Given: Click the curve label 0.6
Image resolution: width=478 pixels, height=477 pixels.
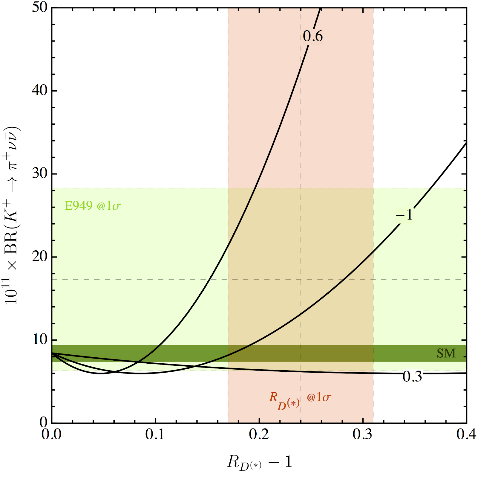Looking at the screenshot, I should click(312, 36).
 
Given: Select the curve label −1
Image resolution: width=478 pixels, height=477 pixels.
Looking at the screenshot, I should click(405, 215).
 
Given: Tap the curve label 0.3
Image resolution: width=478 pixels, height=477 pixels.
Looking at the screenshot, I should click(412, 377).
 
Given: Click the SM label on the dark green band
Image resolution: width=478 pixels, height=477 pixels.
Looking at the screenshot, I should click(446, 353).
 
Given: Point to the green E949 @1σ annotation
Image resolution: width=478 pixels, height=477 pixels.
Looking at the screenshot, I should click(93, 206).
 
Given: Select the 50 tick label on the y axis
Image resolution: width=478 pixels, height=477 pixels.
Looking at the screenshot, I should click(40, 7).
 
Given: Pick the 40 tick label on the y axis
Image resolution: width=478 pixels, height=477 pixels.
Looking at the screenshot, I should click(40, 90).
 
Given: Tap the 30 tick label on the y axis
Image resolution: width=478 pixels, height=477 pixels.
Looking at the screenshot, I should click(40, 173).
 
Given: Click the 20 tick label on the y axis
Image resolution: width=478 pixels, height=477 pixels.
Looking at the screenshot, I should click(40, 257).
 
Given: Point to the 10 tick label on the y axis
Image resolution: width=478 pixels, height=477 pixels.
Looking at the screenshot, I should click(40, 340).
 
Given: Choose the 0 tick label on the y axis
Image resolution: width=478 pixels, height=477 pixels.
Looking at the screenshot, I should click(44, 422).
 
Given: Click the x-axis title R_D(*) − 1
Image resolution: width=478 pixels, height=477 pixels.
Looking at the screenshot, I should click(259, 462).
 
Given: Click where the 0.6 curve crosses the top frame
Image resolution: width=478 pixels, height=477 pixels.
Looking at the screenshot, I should click(321, 8).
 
